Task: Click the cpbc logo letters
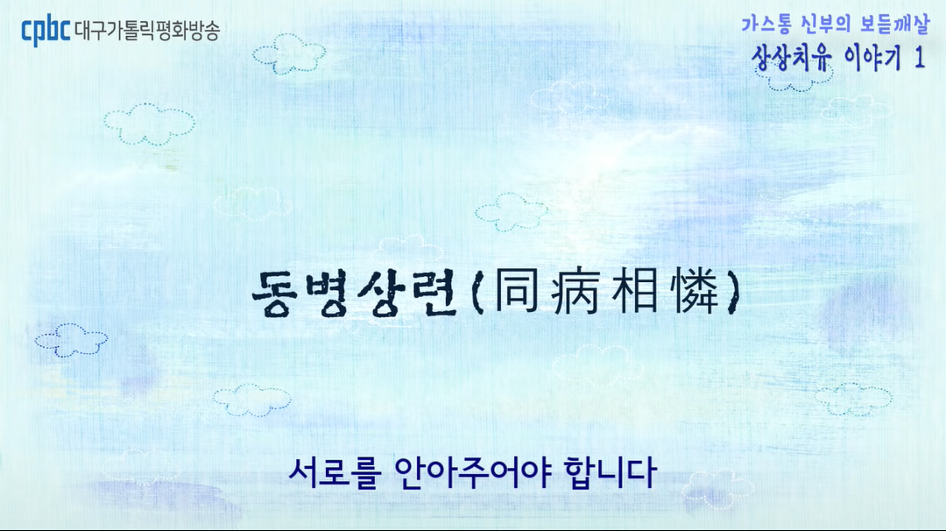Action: tap(46, 31)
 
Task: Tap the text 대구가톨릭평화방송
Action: tap(147, 31)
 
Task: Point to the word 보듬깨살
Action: tap(893, 25)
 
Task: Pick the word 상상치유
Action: tap(785, 59)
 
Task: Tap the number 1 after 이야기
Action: tap(919, 59)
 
